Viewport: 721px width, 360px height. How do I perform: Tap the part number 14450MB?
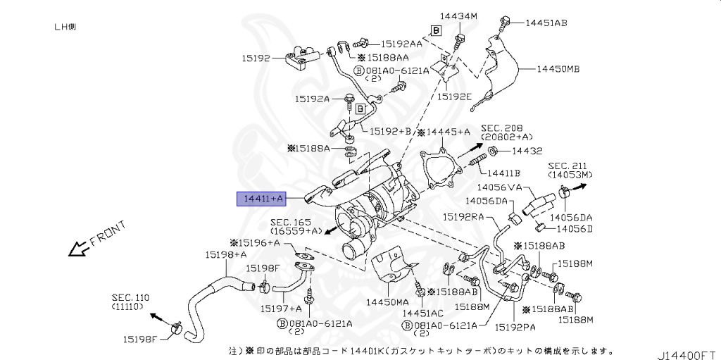pyautogui.click(x=558, y=69)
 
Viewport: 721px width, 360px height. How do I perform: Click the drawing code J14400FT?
pyautogui.click(x=687, y=350)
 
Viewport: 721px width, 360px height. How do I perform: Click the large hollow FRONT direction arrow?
pyautogui.click(x=74, y=249)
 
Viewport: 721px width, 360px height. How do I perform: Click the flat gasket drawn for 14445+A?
pyautogui.click(x=441, y=171)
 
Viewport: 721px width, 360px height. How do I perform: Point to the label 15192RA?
pyautogui.click(x=463, y=218)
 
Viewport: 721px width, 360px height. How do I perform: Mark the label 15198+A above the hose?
pyautogui.click(x=226, y=254)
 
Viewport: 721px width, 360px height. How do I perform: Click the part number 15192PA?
pyautogui.click(x=514, y=327)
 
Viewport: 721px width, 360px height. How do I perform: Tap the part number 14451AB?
pyautogui.click(x=546, y=23)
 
